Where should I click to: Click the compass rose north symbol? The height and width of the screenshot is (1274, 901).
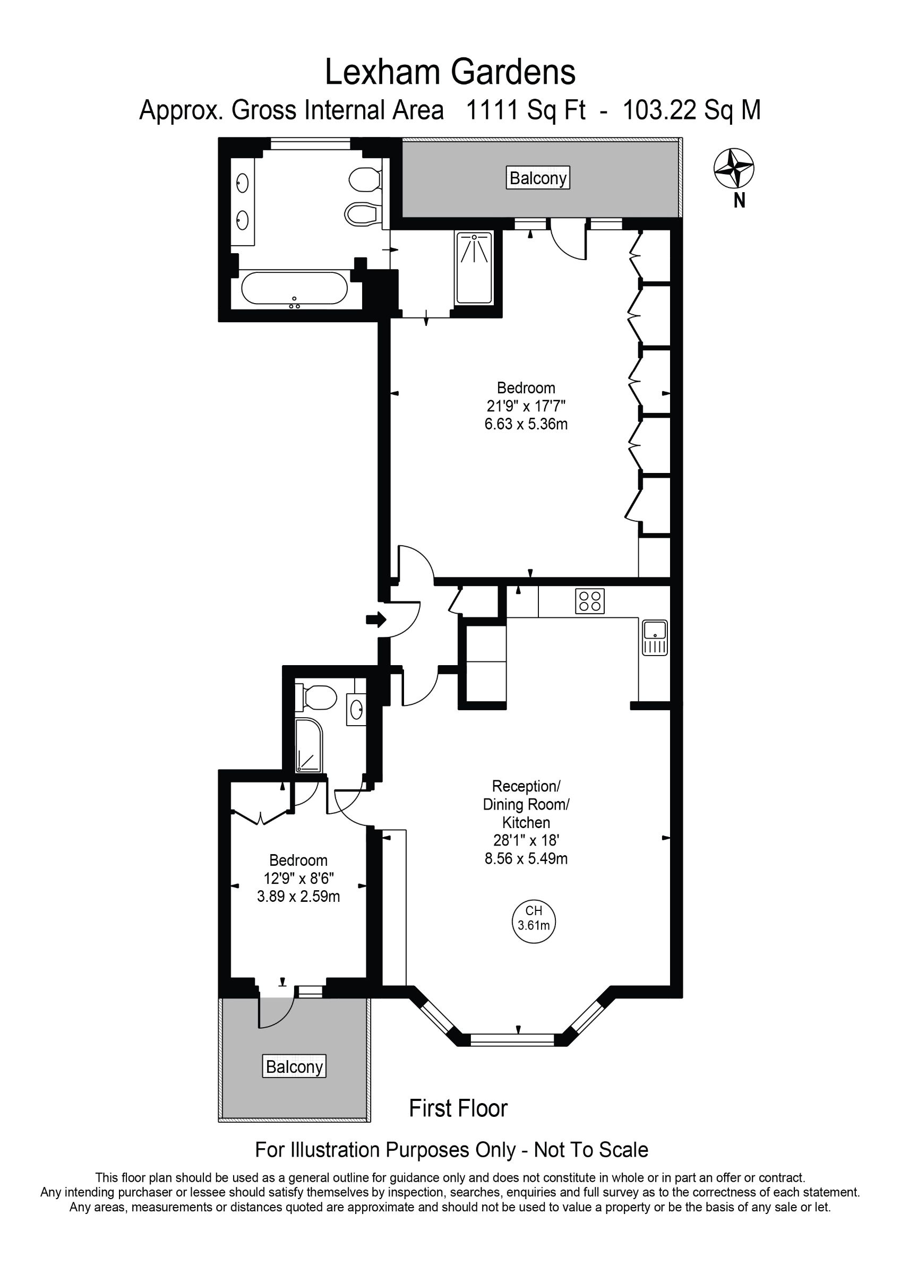733,168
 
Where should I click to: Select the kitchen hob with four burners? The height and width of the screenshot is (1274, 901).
589,601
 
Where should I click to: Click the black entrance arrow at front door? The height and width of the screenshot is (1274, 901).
376,619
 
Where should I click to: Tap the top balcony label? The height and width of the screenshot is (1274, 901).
538,178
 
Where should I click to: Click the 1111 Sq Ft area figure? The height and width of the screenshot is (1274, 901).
526,110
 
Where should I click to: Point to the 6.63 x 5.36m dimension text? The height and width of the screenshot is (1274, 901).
526,425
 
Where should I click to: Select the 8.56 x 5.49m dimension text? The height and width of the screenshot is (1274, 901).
526,859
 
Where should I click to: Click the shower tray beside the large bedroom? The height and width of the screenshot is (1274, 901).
474,268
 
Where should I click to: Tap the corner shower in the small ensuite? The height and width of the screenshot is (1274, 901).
308,746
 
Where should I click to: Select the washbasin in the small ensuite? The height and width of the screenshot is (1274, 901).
356,709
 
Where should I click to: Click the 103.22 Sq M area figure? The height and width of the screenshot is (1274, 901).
691,110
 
